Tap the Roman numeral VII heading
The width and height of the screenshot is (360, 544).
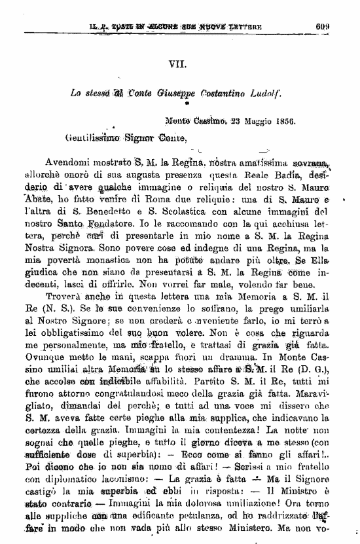pos(177,64)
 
